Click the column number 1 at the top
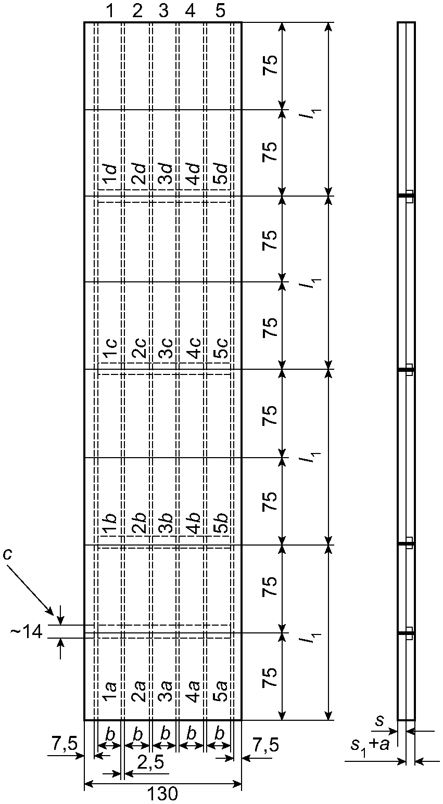(x=110, y=11)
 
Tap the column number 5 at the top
(x=220, y=11)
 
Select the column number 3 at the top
(x=163, y=11)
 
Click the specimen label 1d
(x=109, y=174)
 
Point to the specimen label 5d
(x=221, y=174)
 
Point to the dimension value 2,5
(x=151, y=762)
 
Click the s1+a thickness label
(x=369, y=745)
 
